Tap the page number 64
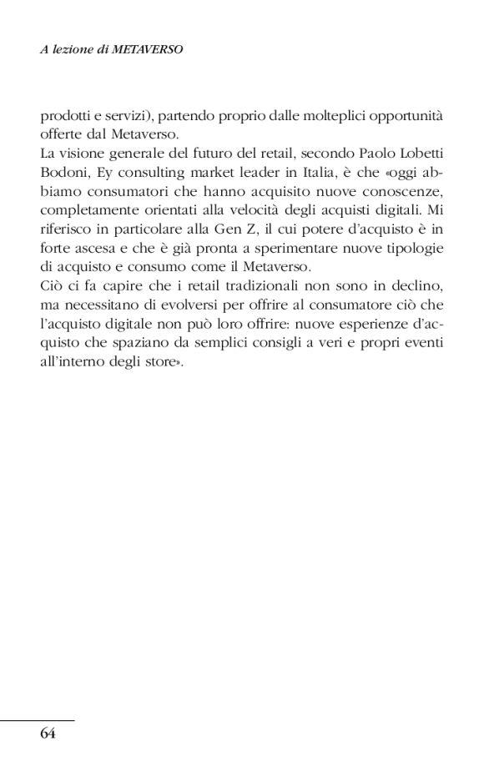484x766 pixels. point(48,734)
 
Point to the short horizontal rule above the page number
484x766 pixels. point(38,719)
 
